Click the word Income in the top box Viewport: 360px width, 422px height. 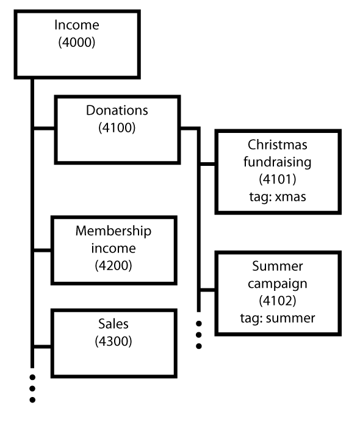tap(77, 25)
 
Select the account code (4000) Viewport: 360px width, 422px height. tap(77, 42)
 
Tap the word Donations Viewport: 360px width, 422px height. tap(117, 110)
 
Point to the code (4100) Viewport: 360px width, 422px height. tap(117, 127)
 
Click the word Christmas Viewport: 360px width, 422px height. tap(278, 145)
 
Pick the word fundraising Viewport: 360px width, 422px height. tap(278, 162)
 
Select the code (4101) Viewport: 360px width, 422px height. tap(278, 179)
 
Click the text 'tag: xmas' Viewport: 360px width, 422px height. tap(278, 196)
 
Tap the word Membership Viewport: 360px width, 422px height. tap(113, 231)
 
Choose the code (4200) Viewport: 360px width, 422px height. tap(113, 265)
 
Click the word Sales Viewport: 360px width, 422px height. tap(113, 324)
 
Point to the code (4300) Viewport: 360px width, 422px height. tap(113, 342)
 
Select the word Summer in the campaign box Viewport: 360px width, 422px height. tap(278, 266)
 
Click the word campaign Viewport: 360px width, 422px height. tap(278, 284)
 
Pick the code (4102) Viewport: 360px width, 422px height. tap(278, 301)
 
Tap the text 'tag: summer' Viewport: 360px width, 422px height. tap(278, 318)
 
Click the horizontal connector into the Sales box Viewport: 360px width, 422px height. tap(43, 346)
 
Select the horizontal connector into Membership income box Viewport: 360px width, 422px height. tap(43, 251)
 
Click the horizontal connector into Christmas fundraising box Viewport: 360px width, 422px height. tap(207, 164)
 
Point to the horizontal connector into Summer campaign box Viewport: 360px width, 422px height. tap(207, 290)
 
